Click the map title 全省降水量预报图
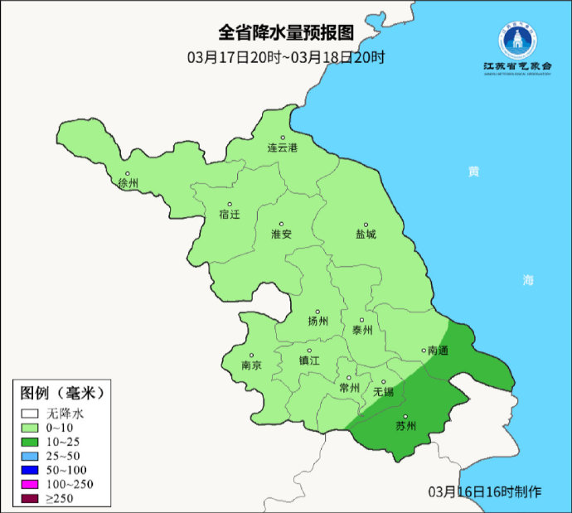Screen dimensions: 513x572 coord(286,33)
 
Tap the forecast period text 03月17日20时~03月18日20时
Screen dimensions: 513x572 coord(286,58)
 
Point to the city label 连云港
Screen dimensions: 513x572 coord(282,148)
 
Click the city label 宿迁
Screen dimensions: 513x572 coord(229,215)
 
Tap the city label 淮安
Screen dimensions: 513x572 coord(282,235)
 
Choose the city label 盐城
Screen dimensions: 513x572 coord(365,235)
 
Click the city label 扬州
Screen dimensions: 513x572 coord(318,322)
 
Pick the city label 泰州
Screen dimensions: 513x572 coord(362,330)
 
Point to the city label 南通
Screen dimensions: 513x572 coord(437,351)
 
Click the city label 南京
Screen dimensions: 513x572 coord(251,365)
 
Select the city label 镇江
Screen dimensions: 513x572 coord(309,361)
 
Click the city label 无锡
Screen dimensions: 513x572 coord(383,391)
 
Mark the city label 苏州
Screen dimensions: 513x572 coord(405,427)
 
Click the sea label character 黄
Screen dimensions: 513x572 coord(473,172)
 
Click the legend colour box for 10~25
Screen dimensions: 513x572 coord(32,442)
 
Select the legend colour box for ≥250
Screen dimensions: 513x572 coord(32,498)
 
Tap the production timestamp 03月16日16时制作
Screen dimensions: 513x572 coord(484,491)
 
